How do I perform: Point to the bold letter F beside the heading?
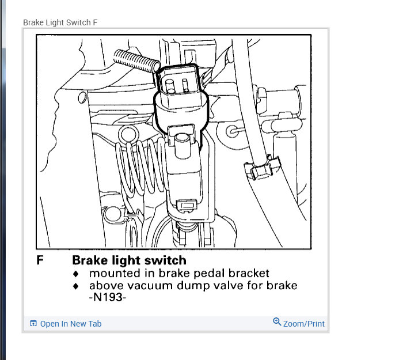(40, 260)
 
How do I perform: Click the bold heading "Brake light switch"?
(129, 260)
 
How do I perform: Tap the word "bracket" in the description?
(248, 273)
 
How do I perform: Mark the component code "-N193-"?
(108, 298)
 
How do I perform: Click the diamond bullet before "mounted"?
(75, 274)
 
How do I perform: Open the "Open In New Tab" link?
(70, 324)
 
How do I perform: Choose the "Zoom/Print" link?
(303, 324)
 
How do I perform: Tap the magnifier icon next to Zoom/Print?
(277, 322)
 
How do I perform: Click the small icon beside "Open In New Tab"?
(33, 324)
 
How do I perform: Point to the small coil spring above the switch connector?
(135, 60)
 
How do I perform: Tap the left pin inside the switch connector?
(170, 86)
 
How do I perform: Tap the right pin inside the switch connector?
(186, 86)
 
